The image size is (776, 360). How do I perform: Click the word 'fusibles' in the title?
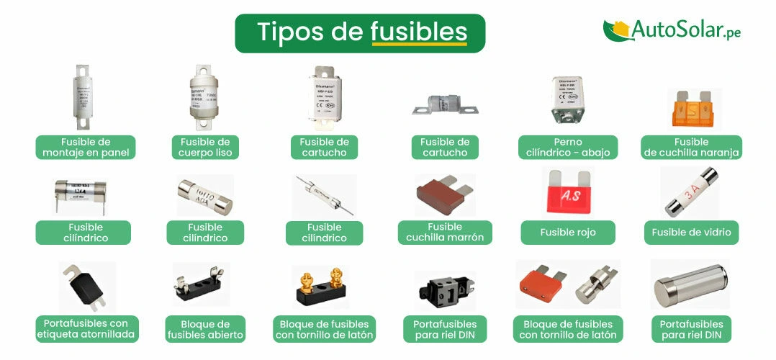point(419,32)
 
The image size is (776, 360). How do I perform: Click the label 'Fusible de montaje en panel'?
point(86,148)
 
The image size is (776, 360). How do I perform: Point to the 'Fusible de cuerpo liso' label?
point(205,148)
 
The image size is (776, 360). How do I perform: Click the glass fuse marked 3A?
point(690,192)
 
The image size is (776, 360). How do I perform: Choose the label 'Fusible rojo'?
point(568,233)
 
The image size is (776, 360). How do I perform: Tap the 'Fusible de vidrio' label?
point(690,233)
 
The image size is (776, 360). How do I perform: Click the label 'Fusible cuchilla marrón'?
point(445,233)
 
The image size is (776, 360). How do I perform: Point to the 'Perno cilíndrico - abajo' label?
point(567,148)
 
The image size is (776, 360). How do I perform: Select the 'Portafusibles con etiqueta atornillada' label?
point(86,329)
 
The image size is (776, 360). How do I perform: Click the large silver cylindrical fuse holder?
point(690,285)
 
